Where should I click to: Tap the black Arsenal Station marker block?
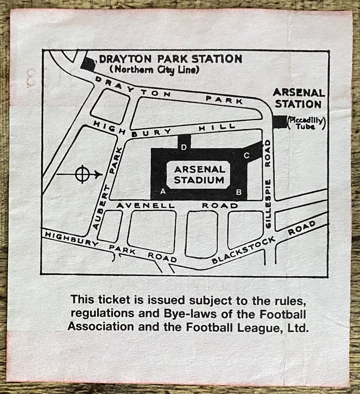[x=279, y=122]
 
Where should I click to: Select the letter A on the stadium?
[x=163, y=192]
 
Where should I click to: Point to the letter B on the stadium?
[x=239, y=192]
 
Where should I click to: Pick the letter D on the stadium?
[x=184, y=148]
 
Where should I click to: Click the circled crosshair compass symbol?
[x=82, y=174]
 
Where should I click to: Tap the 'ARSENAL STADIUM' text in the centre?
[x=199, y=175]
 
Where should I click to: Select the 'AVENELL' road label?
[x=146, y=205]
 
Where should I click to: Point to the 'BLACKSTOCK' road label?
[x=243, y=250]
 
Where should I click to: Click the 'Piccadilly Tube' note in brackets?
[x=306, y=123]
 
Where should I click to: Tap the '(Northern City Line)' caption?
[x=154, y=70]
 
